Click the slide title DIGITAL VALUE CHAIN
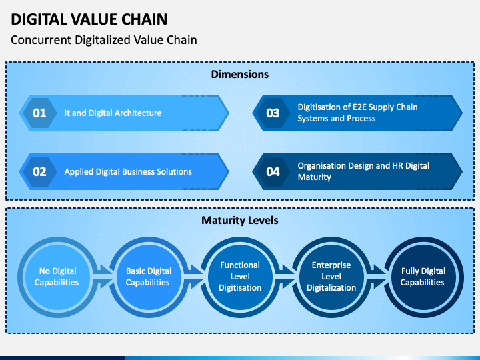click(89, 19)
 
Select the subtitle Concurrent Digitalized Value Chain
click(104, 40)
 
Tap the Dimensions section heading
click(240, 74)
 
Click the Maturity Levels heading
click(240, 220)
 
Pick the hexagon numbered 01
click(39, 113)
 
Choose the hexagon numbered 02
click(39, 172)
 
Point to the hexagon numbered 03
click(273, 113)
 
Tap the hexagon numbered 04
click(273, 172)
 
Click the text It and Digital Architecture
click(113, 113)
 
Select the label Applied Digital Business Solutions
click(128, 172)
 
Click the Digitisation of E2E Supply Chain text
click(357, 107)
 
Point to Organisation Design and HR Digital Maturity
click(363, 171)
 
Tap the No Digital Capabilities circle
click(57, 277)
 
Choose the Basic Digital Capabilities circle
click(149, 277)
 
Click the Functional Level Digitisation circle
click(240, 277)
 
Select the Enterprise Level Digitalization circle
click(331, 277)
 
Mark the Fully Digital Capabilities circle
click(423, 277)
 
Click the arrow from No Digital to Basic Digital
click(103, 277)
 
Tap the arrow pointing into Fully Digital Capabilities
click(377, 277)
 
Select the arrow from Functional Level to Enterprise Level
click(286, 277)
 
